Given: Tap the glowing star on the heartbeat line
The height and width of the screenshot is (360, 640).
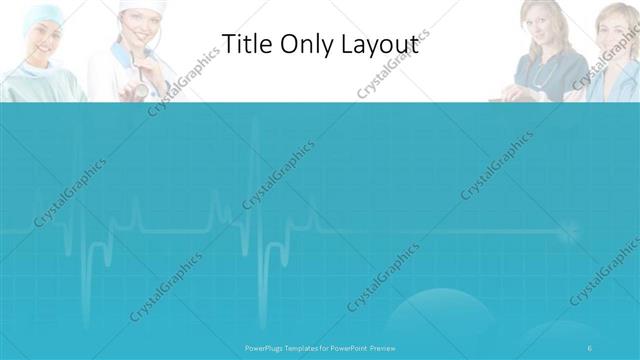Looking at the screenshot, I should [569, 233].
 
